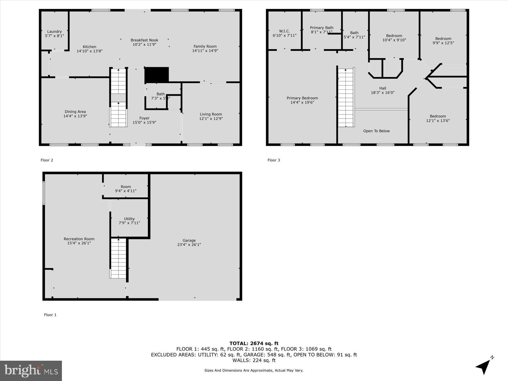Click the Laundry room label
coord(54,31)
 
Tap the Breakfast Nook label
coord(144,40)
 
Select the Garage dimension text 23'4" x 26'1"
coord(189,244)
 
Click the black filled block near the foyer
coord(157,75)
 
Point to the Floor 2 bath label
coord(161,94)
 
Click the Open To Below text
coord(376,131)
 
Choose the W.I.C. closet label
coord(284,31)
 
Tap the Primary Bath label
coord(322,28)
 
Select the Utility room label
coord(129,219)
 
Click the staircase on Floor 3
coord(346,97)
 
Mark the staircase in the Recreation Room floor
coord(118,258)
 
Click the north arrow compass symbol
coord(484,366)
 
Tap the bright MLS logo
coord(31,371)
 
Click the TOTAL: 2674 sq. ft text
coord(254,343)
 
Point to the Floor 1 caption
coord(50,315)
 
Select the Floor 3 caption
coord(274,160)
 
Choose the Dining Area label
coord(75,111)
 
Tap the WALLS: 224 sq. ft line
coord(254,360)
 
